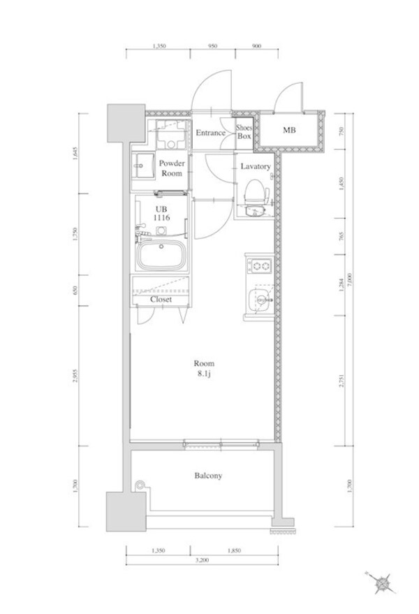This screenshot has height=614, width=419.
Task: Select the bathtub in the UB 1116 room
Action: (161, 256)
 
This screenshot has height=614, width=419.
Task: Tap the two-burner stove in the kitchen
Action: (260, 265)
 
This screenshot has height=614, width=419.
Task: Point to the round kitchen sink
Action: (260, 301)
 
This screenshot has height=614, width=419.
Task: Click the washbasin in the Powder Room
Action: (145, 166)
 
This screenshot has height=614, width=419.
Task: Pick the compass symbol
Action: (382, 581)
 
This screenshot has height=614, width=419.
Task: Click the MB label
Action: (288, 130)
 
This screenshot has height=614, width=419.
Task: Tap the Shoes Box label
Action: (243, 132)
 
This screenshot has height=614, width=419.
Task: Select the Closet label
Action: (161, 299)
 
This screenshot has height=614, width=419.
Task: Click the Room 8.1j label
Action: (204, 368)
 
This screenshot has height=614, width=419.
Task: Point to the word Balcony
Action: (207, 476)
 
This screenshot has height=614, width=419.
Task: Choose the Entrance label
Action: (209, 133)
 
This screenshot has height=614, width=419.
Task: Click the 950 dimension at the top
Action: (213, 45)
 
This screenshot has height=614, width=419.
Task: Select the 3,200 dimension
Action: (203, 560)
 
